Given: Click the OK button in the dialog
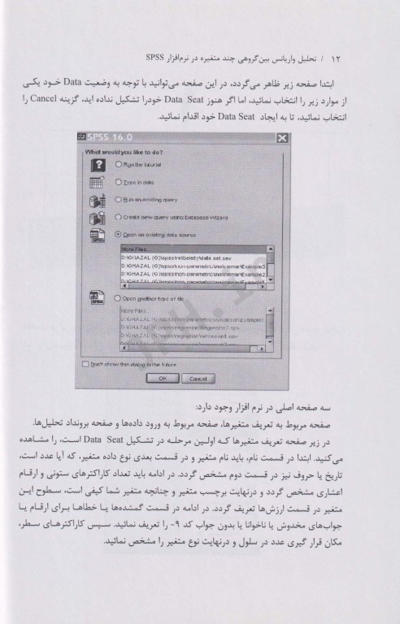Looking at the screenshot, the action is [x=163, y=379].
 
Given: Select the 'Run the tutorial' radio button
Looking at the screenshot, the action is [x=120, y=164].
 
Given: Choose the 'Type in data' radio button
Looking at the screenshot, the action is [x=120, y=183].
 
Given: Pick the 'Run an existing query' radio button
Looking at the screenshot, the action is [x=120, y=200].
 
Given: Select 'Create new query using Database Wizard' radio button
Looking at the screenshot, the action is [x=120, y=217].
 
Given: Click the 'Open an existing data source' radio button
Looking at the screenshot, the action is [x=120, y=234].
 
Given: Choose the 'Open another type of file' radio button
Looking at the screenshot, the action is [x=120, y=297].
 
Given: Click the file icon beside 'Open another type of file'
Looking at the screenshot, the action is [x=96, y=299].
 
